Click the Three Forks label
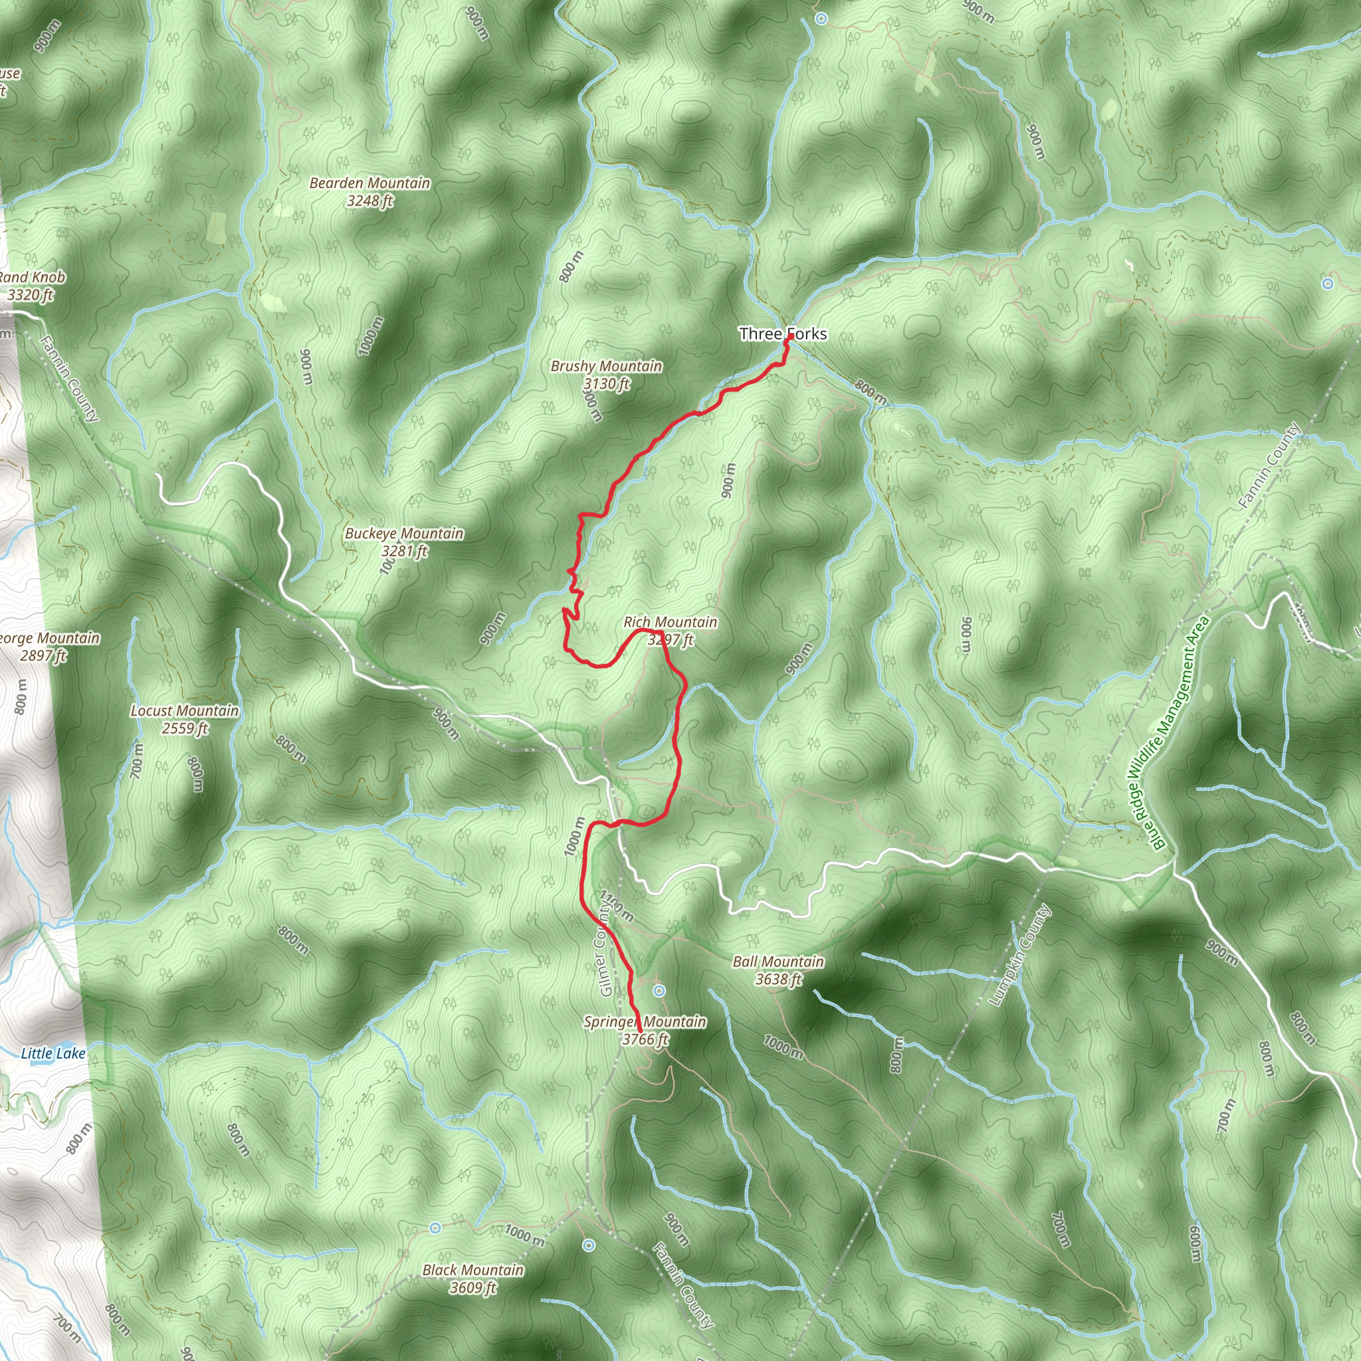click(782, 333)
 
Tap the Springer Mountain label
click(645, 1021)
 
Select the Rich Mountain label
click(670, 622)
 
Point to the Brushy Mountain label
click(606, 366)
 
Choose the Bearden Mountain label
click(370, 183)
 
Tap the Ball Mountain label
click(778, 962)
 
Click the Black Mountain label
click(472, 1269)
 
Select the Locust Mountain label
click(185, 711)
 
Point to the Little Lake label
click(53, 1053)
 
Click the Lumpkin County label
click(1019, 955)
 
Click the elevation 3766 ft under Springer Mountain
click(645, 1039)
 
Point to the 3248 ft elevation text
click(370, 201)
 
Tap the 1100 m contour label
click(617, 906)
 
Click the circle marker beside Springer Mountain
click(659, 991)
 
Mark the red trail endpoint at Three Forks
click(789, 338)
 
